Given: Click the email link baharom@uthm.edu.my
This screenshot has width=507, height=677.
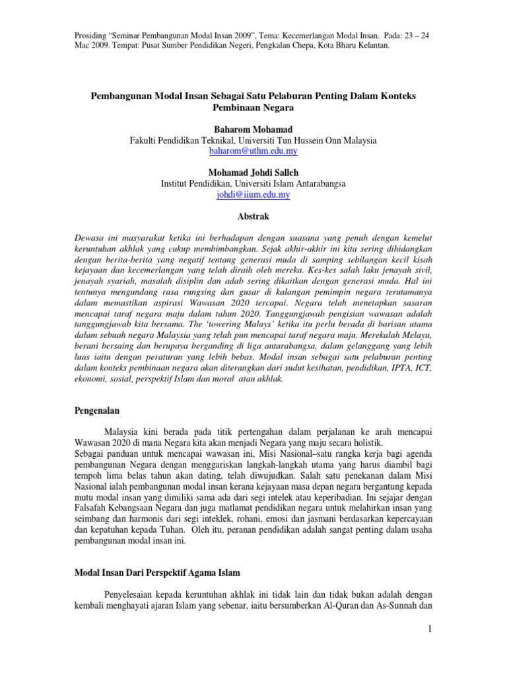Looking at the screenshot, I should (x=253, y=151).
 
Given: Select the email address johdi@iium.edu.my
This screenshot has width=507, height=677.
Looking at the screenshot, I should (x=253, y=195).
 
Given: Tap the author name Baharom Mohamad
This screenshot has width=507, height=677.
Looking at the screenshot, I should (x=253, y=129).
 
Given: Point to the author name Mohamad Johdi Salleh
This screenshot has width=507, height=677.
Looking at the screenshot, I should (x=253, y=173).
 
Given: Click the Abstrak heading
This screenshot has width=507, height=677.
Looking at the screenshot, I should (x=253, y=216).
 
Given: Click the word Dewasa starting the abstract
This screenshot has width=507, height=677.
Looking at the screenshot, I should (x=89, y=236).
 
